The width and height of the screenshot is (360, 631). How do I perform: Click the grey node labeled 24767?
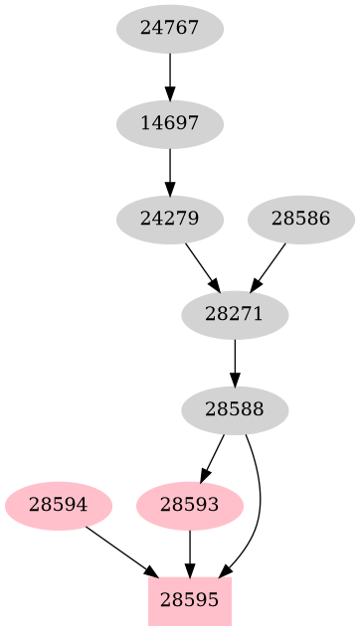pyautogui.click(x=170, y=29)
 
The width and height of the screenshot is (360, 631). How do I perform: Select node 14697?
pyautogui.click(x=170, y=124)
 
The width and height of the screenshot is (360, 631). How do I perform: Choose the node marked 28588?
pyautogui.click(x=235, y=408)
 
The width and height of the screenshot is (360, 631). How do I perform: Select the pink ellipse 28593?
pyautogui.click(x=189, y=505)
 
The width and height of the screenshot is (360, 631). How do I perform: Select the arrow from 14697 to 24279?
pyautogui.click(x=170, y=171)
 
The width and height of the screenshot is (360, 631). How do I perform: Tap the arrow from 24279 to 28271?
pyautogui.click(x=202, y=266)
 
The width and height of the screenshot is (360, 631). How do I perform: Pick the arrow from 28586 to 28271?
pyautogui.click(x=269, y=266)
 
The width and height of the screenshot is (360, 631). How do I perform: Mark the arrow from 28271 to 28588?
pyautogui.click(x=235, y=361)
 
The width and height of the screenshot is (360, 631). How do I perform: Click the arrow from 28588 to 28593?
pyautogui.click(x=213, y=456)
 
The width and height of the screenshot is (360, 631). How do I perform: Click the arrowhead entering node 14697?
pyautogui.click(x=170, y=95)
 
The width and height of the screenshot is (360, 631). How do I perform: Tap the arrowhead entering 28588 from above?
pyautogui.click(x=235, y=380)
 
